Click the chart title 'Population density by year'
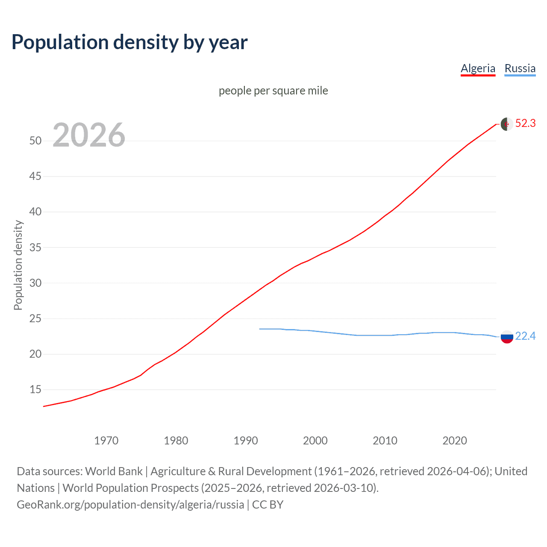pos(129,42)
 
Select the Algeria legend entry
pos(478,68)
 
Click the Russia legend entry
pos(520,68)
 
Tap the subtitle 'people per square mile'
pos(273,91)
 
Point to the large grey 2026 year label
pos(89,135)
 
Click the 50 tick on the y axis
pos(35,141)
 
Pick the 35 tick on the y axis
pos(35,247)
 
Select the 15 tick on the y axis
pos(35,390)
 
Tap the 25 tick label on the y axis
pos(35,318)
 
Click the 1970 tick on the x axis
pos(106,441)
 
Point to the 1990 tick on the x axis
pos(245,441)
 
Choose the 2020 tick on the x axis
pos(454,441)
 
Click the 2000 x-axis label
pos(315,441)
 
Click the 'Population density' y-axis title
pos(18,265)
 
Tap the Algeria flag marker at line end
pos(506,124)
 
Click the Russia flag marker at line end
pos(506,337)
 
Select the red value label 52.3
pos(525,124)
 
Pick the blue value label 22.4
pos(525,336)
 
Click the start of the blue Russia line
pos(260,329)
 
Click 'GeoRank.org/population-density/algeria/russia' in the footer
pos(130,505)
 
